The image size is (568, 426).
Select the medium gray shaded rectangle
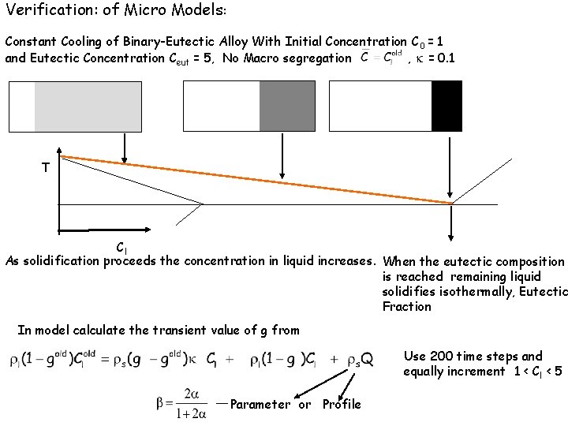287,106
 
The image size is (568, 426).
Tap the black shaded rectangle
446,106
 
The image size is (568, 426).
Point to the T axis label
46,168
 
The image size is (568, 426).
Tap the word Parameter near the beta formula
260,404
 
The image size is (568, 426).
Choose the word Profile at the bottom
342,404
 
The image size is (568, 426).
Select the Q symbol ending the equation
366,360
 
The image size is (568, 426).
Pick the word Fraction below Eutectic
406,306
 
